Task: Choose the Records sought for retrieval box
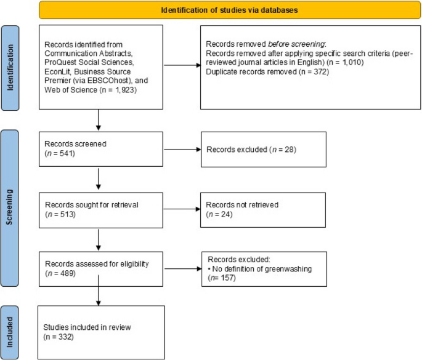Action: (x=100, y=210)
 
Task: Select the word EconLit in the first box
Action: (x=59, y=70)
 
